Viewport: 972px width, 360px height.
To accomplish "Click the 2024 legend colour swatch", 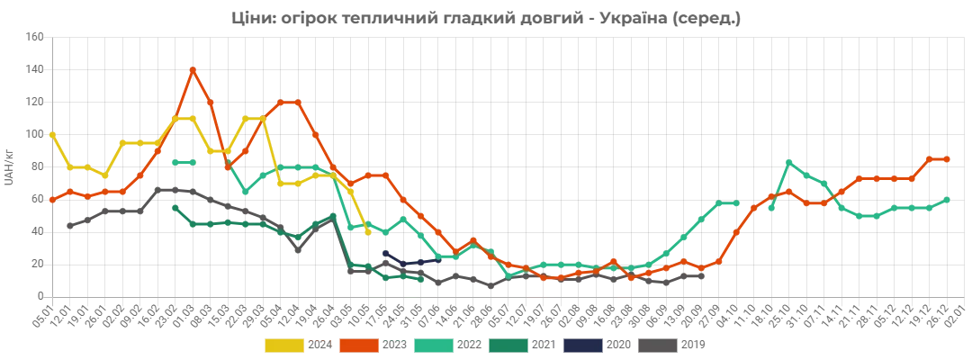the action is pyautogui.click(x=283, y=344).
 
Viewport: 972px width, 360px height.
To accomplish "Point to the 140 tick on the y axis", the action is pyautogui.click(x=35, y=70).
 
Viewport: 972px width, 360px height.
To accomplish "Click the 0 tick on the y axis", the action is pyautogui.click(x=40, y=297).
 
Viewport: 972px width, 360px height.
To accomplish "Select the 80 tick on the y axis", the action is pyautogui.click(x=38, y=167).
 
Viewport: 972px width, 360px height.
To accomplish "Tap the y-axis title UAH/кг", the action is pyautogui.click(x=9, y=167).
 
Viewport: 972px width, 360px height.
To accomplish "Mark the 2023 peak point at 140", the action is pyautogui.click(x=193, y=70).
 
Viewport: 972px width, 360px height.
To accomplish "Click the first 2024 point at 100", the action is pyautogui.click(x=53, y=135).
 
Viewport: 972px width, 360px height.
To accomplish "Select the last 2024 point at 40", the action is pyautogui.click(x=368, y=232).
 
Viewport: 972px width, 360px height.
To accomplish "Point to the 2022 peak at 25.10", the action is pyautogui.click(x=789, y=162).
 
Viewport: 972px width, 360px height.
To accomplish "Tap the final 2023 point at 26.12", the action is pyautogui.click(x=947, y=159).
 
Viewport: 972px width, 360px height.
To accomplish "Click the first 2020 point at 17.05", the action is pyautogui.click(x=385, y=254).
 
